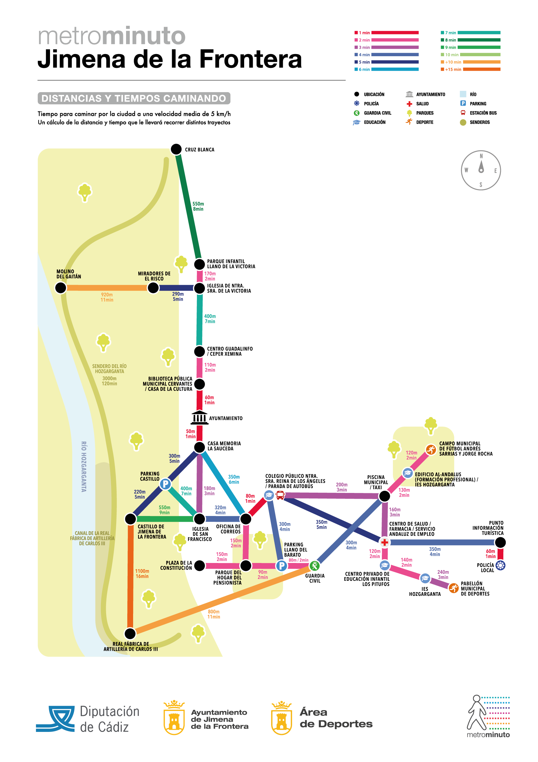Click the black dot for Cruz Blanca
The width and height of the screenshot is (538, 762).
coord(176,149)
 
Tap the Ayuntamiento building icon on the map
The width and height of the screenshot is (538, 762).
coord(199,417)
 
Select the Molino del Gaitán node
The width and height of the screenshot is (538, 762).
coord(61,288)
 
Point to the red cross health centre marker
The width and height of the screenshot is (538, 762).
coord(385,543)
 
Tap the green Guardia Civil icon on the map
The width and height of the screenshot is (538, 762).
coord(315,566)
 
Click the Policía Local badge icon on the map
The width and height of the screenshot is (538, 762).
coord(500,565)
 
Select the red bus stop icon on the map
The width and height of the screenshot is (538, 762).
coord(280,495)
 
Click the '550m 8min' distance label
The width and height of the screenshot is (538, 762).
coord(198,206)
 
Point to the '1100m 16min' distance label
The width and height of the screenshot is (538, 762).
coord(142,574)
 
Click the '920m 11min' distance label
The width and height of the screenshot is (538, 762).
coord(107,297)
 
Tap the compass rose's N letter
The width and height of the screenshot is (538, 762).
coord(481,156)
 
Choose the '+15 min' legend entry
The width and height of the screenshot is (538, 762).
coord(471,69)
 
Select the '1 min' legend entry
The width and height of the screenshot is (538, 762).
coord(386,33)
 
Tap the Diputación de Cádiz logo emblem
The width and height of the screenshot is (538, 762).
coord(55,719)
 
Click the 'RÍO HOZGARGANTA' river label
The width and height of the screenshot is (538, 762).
coord(84,467)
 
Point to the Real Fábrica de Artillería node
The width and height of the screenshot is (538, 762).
coord(130,634)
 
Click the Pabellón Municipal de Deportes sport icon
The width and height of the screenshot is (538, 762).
coord(453,588)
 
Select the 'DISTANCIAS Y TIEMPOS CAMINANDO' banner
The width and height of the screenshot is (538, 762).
coord(134,99)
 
